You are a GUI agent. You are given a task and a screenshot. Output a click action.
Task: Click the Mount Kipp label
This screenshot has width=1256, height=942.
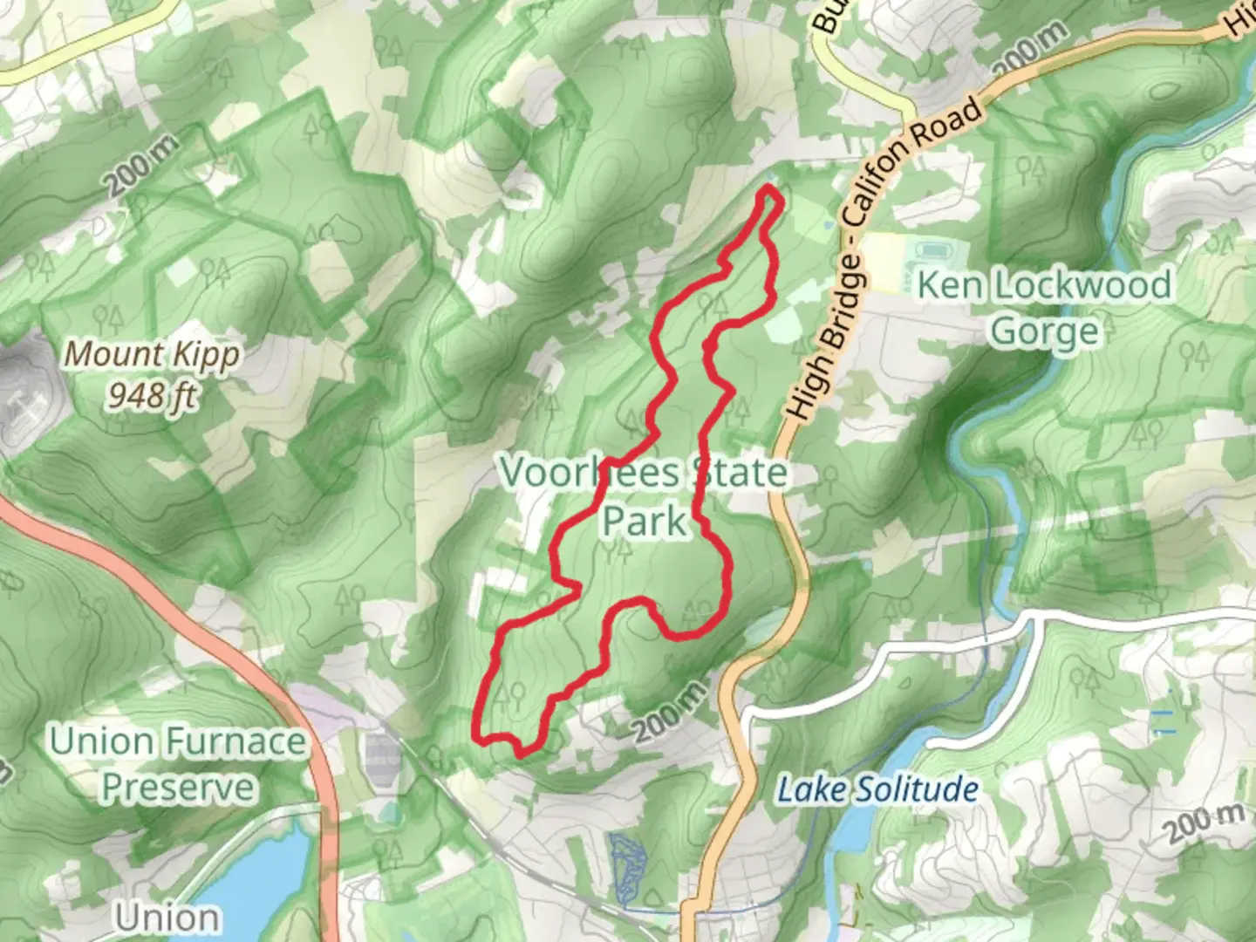(152, 355)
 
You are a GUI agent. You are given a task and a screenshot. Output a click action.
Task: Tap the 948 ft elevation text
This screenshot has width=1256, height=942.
(152, 396)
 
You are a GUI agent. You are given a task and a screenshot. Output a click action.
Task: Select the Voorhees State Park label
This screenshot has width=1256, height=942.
(644, 495)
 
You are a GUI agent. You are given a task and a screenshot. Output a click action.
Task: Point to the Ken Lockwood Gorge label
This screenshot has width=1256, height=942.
(1044, 307)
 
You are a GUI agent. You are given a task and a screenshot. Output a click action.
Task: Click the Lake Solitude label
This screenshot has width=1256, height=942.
(877, 790)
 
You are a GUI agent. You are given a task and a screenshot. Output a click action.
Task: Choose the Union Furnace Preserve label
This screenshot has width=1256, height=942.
(178, 764)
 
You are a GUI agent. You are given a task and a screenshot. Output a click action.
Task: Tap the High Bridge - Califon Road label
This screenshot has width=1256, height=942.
(881, 262)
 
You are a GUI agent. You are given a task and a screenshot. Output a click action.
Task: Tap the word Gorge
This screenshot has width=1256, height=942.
(1044, 331)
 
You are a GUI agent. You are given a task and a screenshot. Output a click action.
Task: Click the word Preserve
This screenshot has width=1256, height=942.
(178, 788)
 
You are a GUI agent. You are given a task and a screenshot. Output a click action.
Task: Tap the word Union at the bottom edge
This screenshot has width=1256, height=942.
(167, 918)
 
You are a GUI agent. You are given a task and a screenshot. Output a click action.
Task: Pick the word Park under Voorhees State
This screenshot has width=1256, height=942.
(644, 521)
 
